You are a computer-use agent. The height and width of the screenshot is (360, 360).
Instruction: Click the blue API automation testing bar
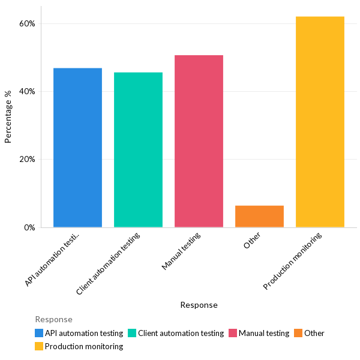[x=77, y=148]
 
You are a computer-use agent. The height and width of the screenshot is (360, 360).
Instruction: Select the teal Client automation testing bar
[x=138, y=150]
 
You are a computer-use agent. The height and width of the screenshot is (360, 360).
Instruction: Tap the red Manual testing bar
[x=199, y=141]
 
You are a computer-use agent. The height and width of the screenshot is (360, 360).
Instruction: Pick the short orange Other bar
[x=259, y=216]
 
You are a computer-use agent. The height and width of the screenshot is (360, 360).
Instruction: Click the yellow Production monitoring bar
[x=320, y=122]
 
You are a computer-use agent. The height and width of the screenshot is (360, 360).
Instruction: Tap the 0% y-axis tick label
[x=29, y=227]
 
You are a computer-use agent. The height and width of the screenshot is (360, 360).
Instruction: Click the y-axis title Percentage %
[x=8, y=116]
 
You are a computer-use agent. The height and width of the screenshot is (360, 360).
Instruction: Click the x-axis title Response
[x=199, y=305]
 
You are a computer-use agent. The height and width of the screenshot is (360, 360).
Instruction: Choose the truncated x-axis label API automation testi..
[x=53, y=259]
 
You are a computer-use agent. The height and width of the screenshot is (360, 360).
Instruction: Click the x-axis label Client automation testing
[x=109, y=264]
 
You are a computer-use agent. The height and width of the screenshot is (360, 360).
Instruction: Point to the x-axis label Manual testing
[x=181, y=251]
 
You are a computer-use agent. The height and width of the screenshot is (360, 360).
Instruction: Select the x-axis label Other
[x=252, y=241]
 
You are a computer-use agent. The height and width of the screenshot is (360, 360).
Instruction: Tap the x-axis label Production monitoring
[x=293, y=262]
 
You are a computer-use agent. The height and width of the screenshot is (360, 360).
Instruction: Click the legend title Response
[x=53, y=319]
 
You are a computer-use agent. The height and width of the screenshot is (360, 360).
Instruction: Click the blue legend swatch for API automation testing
[x=39, y=333]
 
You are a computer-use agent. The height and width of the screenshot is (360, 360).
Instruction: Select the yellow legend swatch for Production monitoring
[x=39, y=346]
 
